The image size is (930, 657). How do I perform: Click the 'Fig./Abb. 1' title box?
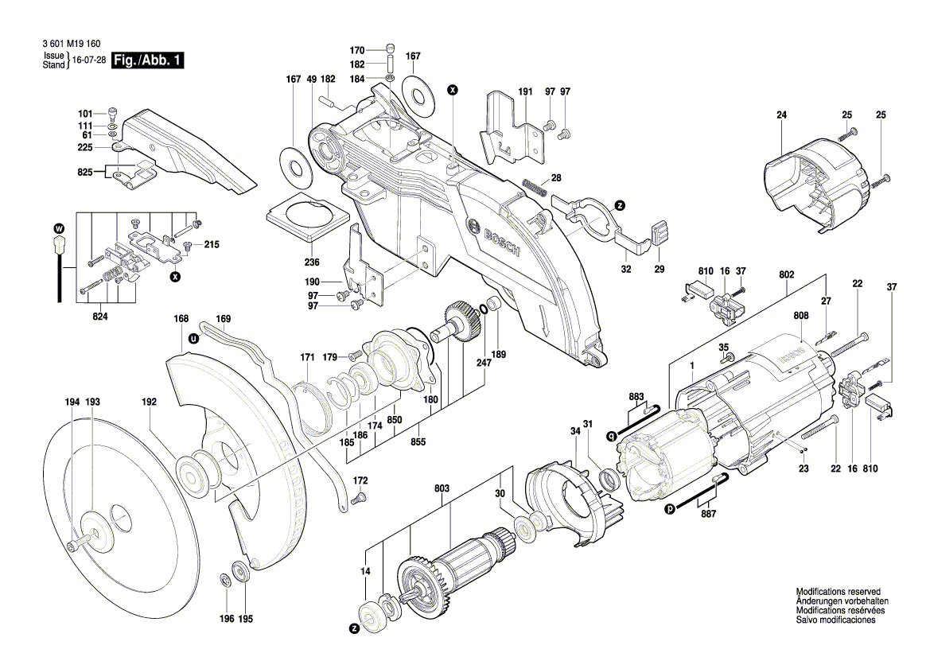(149, 60)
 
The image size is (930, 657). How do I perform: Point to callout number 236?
(312, 262)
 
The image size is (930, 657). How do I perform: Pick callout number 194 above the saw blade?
(72, 402)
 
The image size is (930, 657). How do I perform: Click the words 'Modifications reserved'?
(838, 593)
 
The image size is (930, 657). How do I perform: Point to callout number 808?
(800, 316)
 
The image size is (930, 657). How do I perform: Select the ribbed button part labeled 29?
(659, 232)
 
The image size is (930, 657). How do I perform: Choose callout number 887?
(708, 514)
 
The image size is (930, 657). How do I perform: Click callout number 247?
(484, 362)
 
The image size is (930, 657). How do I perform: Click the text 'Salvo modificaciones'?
(836, 620)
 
